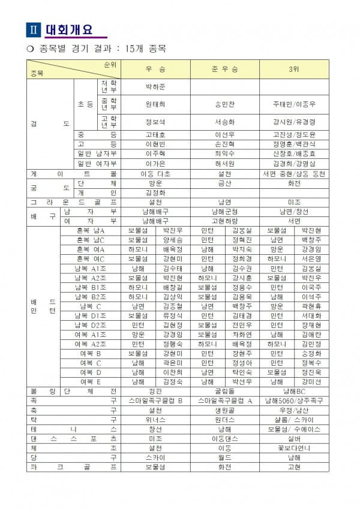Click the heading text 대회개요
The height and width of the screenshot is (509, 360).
tap(71, 28)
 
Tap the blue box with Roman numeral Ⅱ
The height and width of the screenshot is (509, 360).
tap(34, 29)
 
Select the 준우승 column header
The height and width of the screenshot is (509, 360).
tap(225, 70)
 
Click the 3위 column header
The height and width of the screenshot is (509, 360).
tap(293, 70)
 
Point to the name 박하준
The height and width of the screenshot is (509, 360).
tap(155, 87)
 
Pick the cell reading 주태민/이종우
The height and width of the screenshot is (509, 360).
tap(293, 104)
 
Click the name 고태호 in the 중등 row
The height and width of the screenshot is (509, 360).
tap(155, 135)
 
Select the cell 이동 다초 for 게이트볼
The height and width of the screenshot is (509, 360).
tap(155, 173)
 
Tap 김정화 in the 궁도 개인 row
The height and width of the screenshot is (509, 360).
tap(155, 193)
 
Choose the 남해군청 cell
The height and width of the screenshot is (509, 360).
tap(225, 212)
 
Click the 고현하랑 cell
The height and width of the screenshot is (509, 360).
tap(225, 221)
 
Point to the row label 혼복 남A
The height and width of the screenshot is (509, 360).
tap(91, 230)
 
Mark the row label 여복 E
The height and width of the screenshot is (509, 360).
tap(91, 381)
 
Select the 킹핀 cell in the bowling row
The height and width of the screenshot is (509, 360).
tap(155, 391)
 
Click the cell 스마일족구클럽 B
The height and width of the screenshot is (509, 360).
tap(155, 400)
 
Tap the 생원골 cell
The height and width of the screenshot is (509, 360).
tap(225, 410)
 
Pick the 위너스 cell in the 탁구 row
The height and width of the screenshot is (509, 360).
tap(155, 420)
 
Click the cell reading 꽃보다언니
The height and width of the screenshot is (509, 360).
tap(293, 448)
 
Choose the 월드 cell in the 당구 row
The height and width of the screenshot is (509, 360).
tap(225, 457)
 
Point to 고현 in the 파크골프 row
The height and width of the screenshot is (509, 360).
tap(293, 467)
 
